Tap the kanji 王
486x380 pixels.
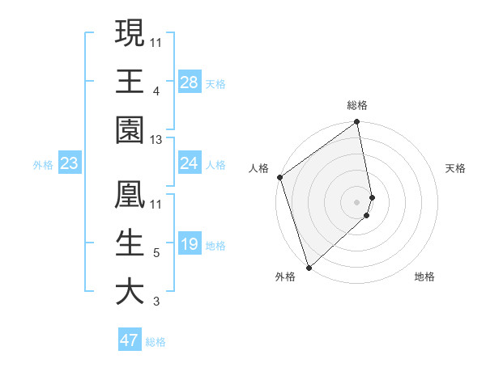click(130, 81)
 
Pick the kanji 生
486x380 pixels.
click(130, 244)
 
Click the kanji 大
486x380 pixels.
click(130, 292)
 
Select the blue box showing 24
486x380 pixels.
click(189, 163)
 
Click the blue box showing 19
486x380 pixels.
click(189, 244)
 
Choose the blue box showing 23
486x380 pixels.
click(69, 163)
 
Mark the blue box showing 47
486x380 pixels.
click(130, 340)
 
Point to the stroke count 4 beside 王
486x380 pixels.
click(156, 91)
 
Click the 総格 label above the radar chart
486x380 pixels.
click(357, 105)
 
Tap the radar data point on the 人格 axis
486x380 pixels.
click(279, 177)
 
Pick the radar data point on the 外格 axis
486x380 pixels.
click(309, 266)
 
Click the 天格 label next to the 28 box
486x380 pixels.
click(215, 82)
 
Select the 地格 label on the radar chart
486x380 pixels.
click(424, 277)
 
